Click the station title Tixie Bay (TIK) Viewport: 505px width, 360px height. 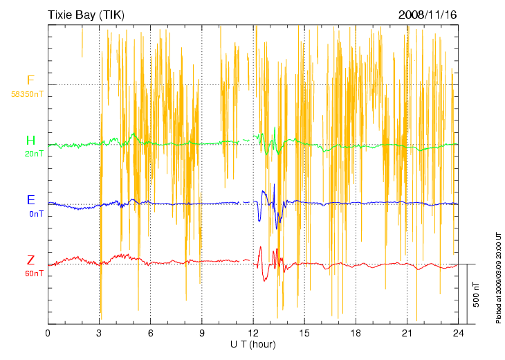click(86, 15)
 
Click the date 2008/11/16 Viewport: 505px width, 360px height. click(428, 15)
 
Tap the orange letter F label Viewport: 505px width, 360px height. click(30, 80)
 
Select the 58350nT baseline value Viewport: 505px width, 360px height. click(27, 93)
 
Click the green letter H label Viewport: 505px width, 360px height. click(30, 141)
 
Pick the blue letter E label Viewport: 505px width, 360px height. click(30, 200)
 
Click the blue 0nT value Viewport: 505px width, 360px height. click(36, 213)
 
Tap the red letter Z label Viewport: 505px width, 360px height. click(30, 260)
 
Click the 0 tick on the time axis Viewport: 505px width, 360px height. click(48, 334)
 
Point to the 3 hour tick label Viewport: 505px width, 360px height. click(99, 334)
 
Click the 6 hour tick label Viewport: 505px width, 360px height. click(150, 334)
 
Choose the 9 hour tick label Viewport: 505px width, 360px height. click(201, 334)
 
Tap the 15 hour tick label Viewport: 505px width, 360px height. click(304, 334)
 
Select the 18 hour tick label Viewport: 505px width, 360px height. click(356, 334)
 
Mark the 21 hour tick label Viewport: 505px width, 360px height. click(407, 334)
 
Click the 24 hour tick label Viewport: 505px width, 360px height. click(458, 334)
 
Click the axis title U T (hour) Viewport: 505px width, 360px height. click(253, 344)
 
